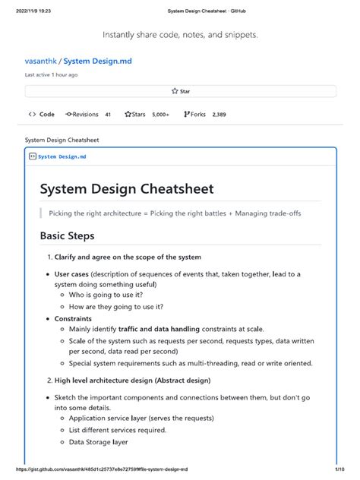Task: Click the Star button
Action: pyautogui.click(x=181, y=91)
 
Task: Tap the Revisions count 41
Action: pyautogui.click(x=108, y=115)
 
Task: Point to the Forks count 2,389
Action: pyautogui.click(x=218, y=115)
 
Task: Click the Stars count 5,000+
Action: pyautogui.click(x=160, y=115)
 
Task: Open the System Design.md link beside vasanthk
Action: pyautogui.click(x=95, y=61)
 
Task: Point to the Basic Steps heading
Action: pyautogui.click(x=67, y=236)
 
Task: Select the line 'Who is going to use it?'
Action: pyautogui.click(x=106, y=295)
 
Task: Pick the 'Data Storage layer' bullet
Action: pyautogui.click(x=98, y=441)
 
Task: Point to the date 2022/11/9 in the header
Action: pyautogui.click(x=21, y=10)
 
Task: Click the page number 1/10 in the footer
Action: pyautogui.click(x=337, y=469)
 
